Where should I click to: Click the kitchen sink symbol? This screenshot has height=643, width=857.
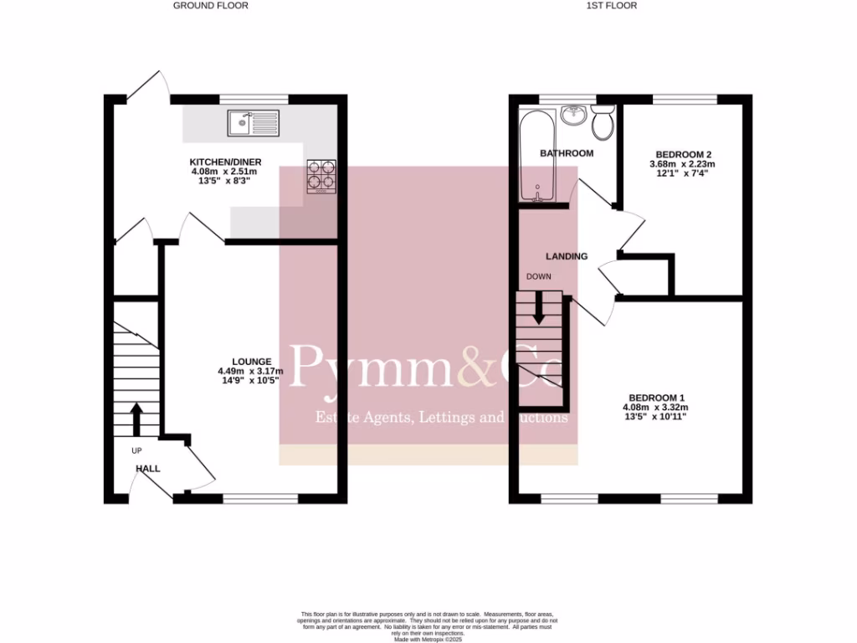point(252,124)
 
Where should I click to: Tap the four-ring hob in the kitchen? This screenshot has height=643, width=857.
point(322,176)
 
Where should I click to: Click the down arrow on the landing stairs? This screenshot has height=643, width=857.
point(539,307)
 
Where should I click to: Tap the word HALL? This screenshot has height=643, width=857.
point(147,470)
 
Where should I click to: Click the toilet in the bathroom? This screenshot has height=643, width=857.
point(603,124)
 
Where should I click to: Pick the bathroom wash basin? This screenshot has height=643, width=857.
point(572,115)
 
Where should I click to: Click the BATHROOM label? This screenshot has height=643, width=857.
point(567,153)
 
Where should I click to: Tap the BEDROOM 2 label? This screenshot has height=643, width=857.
point(683,154)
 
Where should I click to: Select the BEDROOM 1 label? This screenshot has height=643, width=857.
point(657,398)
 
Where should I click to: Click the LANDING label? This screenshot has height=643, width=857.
point(567,256)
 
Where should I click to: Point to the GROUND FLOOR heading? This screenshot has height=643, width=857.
point(210,5)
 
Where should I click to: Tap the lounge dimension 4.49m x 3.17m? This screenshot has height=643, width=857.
point(250,372)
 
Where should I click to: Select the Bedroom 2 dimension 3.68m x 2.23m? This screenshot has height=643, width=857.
point(683,164)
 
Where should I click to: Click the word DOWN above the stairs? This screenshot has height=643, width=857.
point(538,276)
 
